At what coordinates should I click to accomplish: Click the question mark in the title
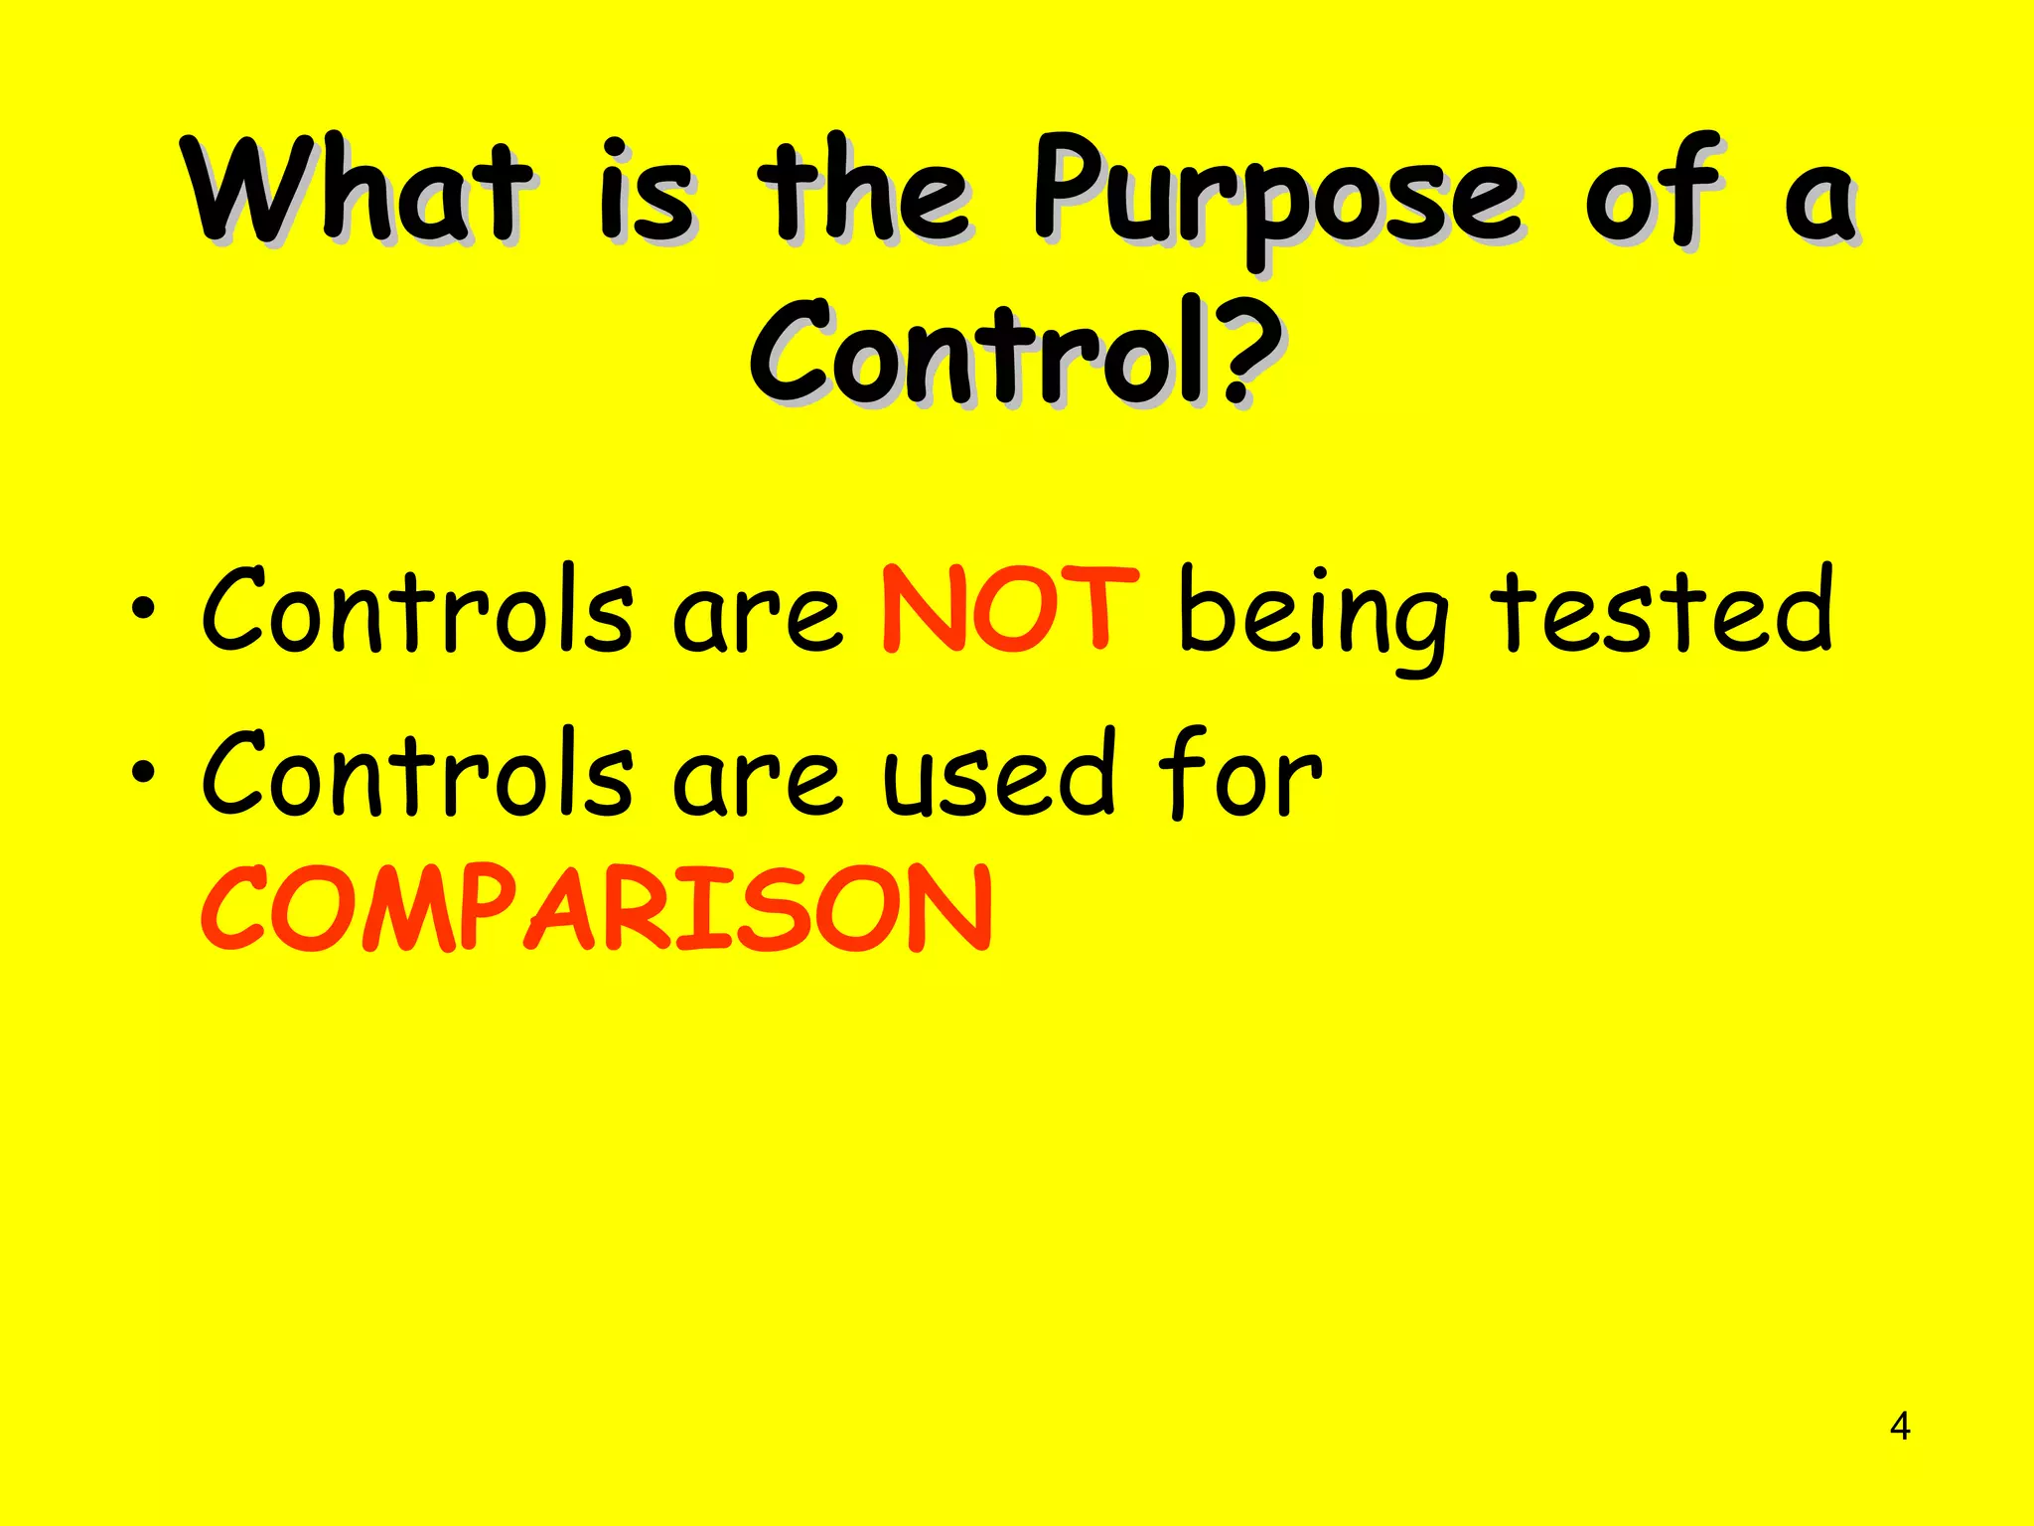click(x=1247, y=353)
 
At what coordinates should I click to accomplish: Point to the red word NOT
click(x=1008, y=609)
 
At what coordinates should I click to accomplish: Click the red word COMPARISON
click(x=596, y=907)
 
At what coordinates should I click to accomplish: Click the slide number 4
click(x=1899, y=1427)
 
